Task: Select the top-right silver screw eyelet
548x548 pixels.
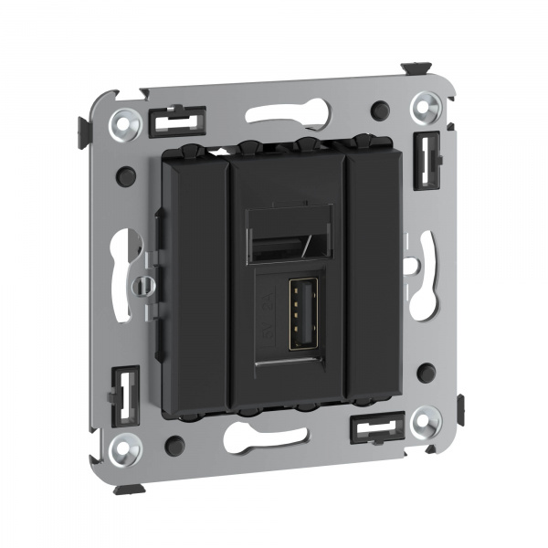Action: click(x=423, y=109)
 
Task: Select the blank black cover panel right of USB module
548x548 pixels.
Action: click(x=374, y=274)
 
